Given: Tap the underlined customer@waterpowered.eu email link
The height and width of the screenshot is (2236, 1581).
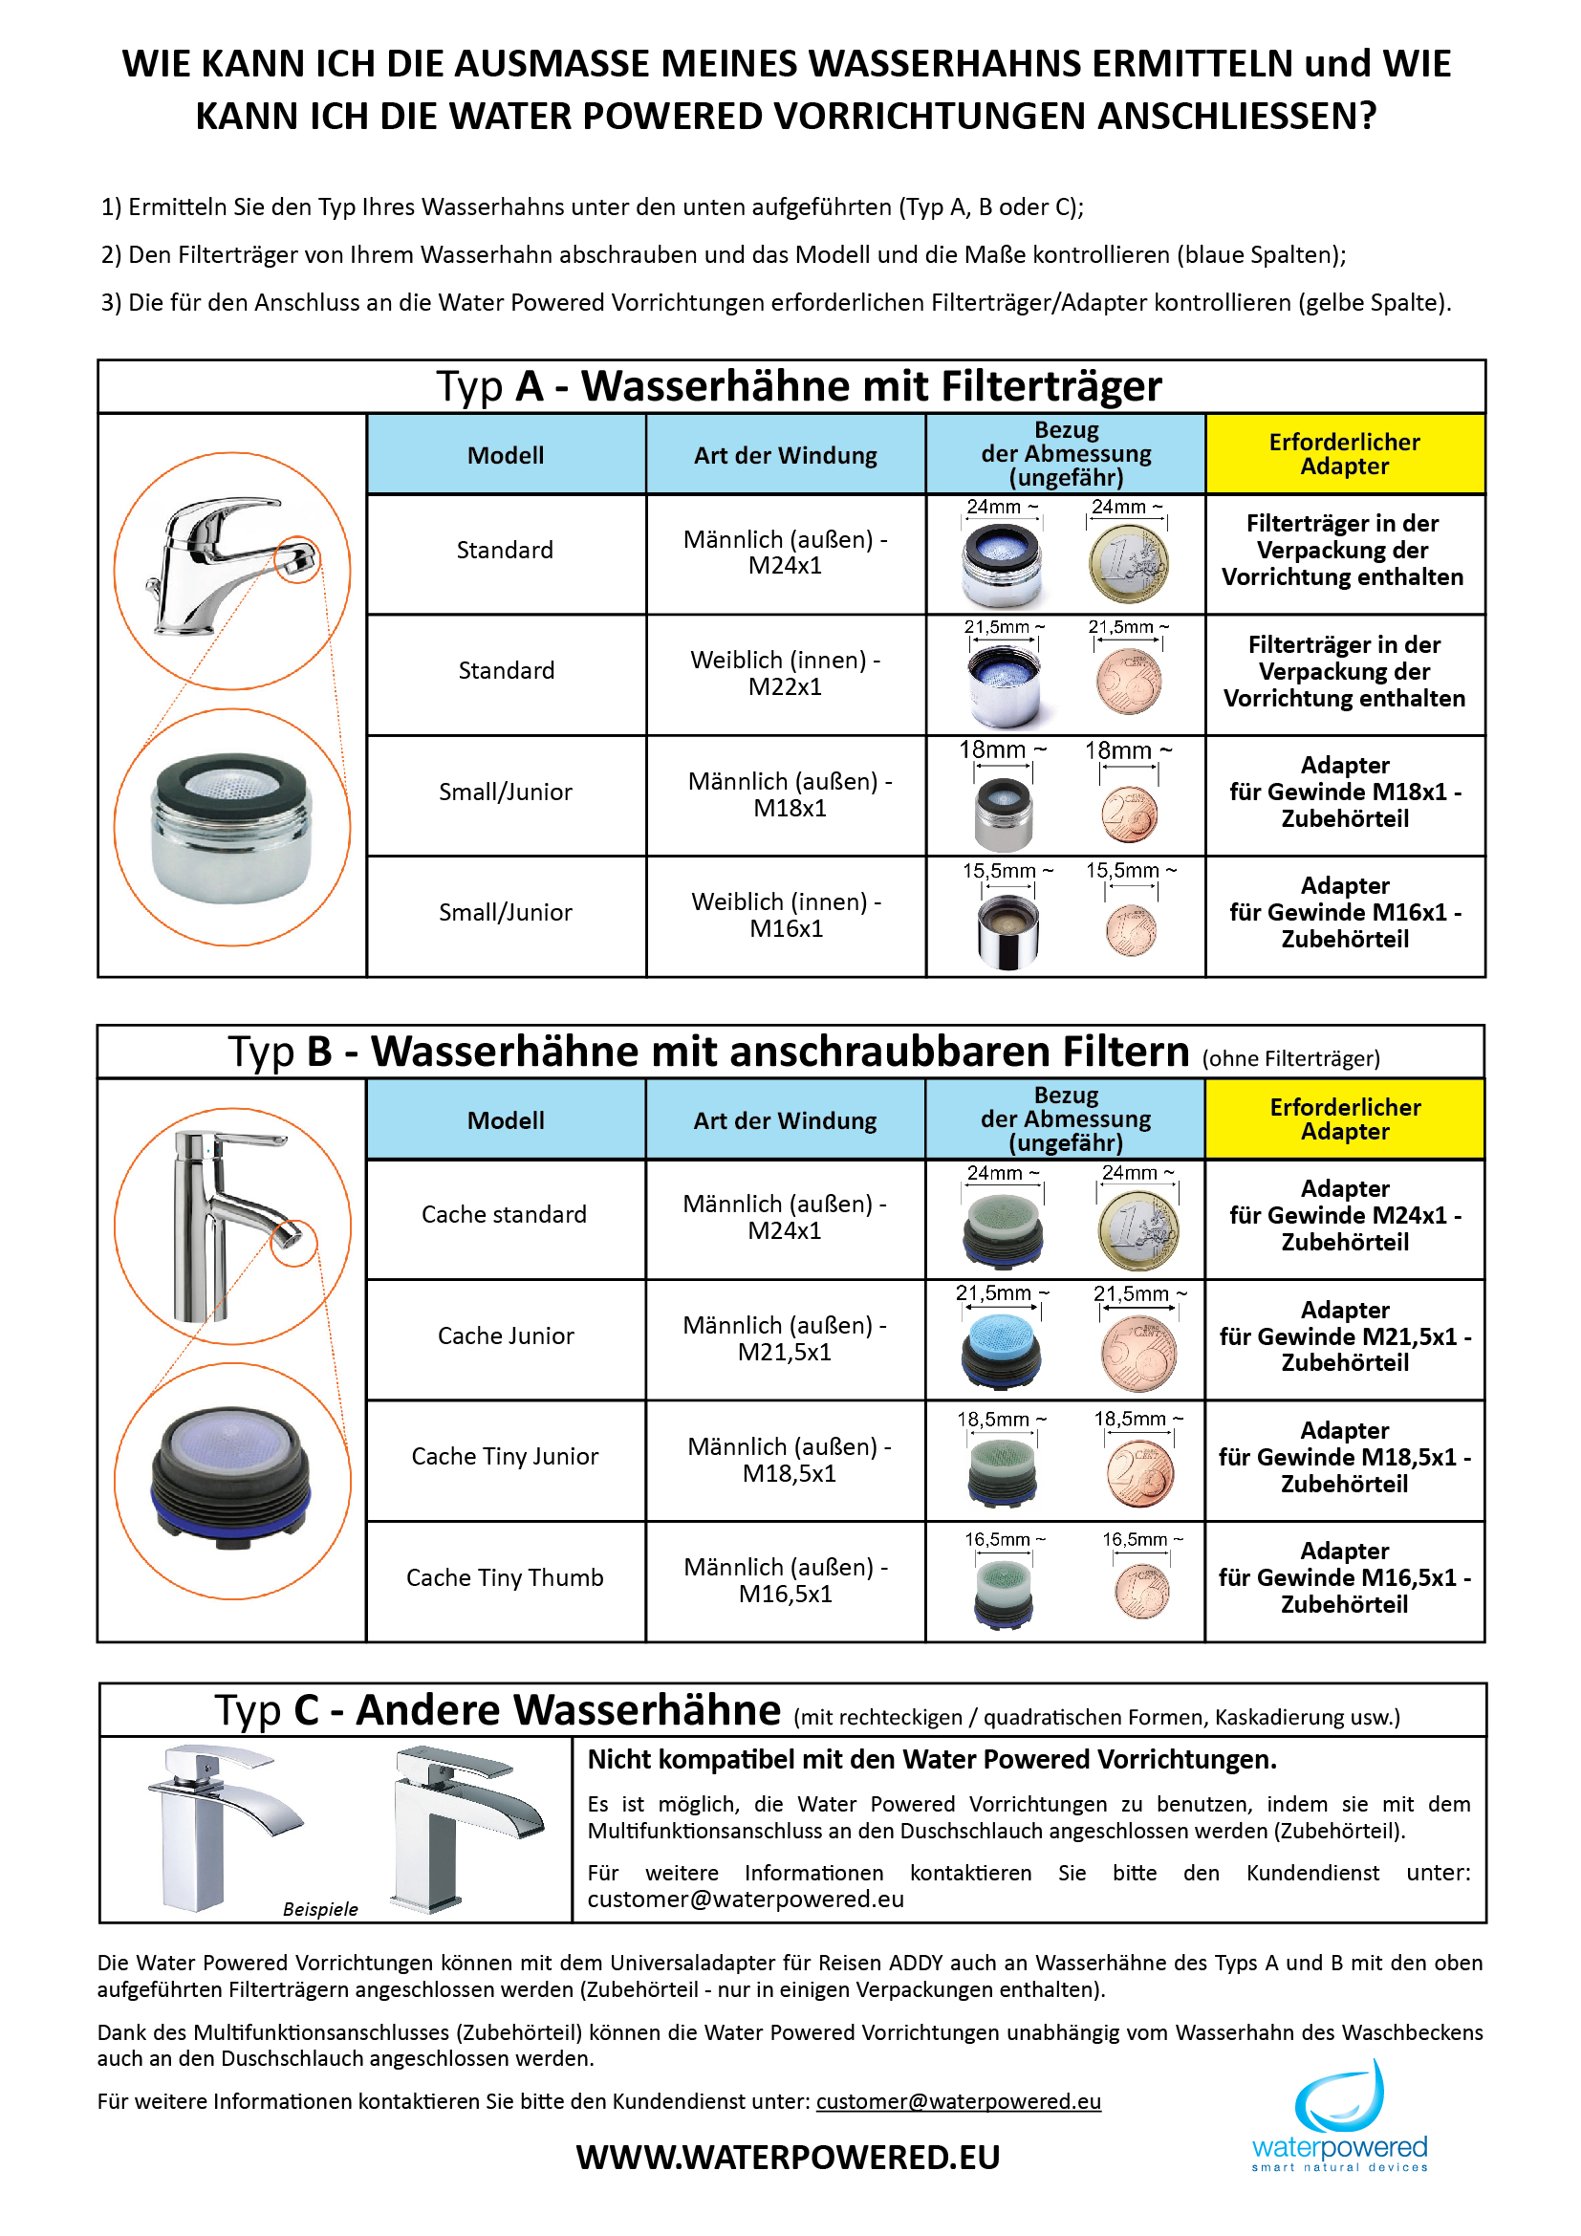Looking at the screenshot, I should [958, 2100].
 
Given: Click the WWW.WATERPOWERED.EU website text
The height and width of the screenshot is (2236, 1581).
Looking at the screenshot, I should [788, 2156].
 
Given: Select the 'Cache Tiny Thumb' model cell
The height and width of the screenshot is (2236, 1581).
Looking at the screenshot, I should [505, 1577].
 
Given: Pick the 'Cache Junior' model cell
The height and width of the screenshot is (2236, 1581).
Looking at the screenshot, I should [506, 1335].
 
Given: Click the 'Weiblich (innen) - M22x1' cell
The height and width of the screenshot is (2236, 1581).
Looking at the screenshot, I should [785, 673].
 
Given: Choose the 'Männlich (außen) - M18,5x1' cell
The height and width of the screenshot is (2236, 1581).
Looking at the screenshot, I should [789, 1459].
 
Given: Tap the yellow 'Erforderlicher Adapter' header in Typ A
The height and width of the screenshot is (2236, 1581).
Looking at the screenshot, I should [1345, 454].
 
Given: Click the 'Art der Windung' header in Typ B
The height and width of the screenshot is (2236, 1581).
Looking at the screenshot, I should [785, 1120].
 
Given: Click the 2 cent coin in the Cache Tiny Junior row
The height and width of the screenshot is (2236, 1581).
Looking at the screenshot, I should [1140, 1473].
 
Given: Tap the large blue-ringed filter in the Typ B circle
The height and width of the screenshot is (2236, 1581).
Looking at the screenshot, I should [231, 1478].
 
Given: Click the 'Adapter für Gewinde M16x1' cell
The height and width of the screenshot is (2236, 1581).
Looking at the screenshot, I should [1345, 913].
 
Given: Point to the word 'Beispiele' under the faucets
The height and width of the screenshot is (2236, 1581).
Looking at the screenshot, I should [320, 1909].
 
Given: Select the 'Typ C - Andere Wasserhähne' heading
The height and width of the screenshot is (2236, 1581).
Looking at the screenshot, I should [497, 1710].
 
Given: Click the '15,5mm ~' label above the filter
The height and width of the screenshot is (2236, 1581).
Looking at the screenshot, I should [1007, 871].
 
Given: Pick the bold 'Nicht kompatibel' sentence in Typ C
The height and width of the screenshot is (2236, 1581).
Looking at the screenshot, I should [932, 1760].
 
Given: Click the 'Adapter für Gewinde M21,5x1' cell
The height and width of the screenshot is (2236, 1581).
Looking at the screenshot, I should [1345, 1336].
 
